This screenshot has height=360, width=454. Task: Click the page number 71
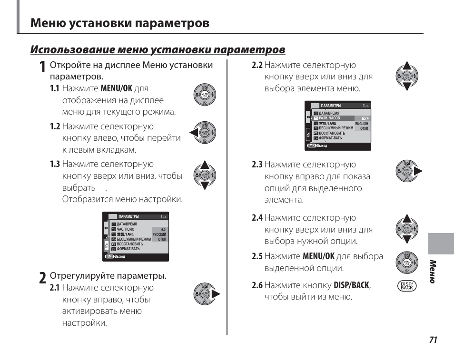[x=433, y=340]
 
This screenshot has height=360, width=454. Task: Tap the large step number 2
[x=43, y=279]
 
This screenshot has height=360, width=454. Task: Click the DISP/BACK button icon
[x=407, y=286]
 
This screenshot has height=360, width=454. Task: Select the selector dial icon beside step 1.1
[x=205, y=95]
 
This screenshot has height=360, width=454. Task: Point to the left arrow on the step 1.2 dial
[x=193, y=133]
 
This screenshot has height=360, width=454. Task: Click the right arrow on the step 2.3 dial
[x=418, y=171]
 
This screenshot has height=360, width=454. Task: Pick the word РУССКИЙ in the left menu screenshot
[x=159, y=235]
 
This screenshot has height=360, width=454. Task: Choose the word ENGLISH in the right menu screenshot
[x=362, y=124]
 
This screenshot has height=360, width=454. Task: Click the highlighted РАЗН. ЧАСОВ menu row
[x=333, y=118]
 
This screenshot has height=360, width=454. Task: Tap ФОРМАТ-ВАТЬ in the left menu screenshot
[x=128, y=249]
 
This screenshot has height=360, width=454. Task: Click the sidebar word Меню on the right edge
[x=433, y=272]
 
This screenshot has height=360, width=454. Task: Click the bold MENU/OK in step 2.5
[x=318, y=256]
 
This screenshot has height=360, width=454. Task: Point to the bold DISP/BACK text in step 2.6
[x=351, y=285]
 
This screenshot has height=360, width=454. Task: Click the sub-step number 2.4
[x=257, y=218]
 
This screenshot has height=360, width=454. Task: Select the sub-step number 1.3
[x=55, y=165]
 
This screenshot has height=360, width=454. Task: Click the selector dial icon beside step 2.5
[x=407, y=263]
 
